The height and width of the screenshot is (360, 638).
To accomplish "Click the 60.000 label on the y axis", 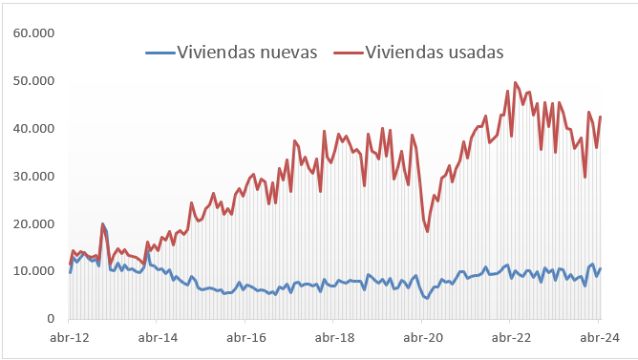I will pyautogui.click(x=33, y=33).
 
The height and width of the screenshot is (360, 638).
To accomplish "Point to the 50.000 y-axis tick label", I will pyautogui.click(x=33, y=81).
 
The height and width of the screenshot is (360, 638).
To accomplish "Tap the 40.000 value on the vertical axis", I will pyautogui.click(x=33, y=129).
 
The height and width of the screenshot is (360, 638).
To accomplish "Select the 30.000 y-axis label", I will pyautogui.click(x=33, y=177).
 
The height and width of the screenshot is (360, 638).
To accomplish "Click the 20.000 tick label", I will pyautogui.click(x=33, y=224).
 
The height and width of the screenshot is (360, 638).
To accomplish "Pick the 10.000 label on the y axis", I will pyautogui.click(x=33, y=271).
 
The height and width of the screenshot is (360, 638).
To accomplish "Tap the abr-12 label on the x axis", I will pyautogui.click(x=71, y=337).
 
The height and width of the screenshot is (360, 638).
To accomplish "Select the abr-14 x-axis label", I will pyautogui.click(x=159, y=337).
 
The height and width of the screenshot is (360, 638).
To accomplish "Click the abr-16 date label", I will pyautogui.click(x=246, y=337).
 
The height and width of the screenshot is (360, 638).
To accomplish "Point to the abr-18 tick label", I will pyautogui.click(x=334, y=337).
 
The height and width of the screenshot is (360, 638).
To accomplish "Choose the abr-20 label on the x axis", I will pyautogui.click(x=423, y=337).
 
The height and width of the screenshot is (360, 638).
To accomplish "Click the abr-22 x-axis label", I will pyautogui.click(x=511, y=337).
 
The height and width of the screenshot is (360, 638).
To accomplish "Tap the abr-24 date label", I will pyautogui.click(x=599, y=337).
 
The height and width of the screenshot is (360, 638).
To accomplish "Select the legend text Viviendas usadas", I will pyautogui.click(x=435, y=53).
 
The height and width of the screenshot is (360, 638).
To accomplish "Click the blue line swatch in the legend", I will pyautogui.click(x=160, y=53).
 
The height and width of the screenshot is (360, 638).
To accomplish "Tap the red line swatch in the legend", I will pyautogui.click(x=348, y=53).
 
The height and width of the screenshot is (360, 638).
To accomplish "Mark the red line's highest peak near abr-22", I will pyautogui.click(x=516, y=82).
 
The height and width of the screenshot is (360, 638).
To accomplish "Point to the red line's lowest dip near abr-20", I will pyautogui.click(x=427, y=231).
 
